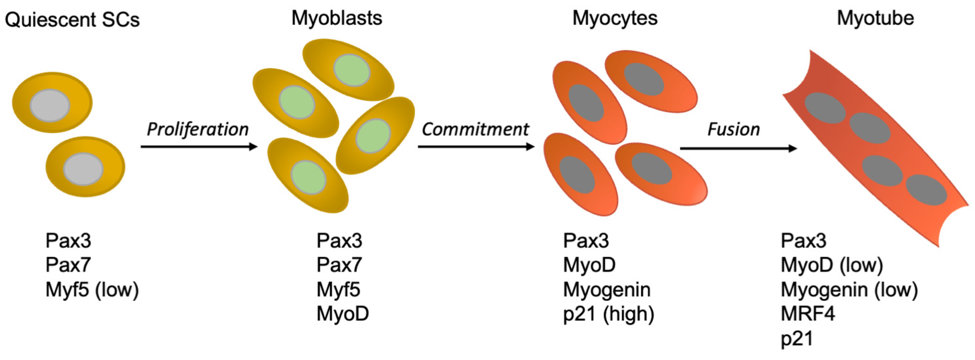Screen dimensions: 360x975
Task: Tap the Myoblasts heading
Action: (x=337, y=18)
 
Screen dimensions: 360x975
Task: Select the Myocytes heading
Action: (x=615, y=18)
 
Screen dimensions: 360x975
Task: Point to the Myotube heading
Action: (x=875, y=18)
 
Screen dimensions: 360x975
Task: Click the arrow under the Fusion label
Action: (x=738, y=148)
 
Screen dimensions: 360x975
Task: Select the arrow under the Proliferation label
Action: (x=199, y=146)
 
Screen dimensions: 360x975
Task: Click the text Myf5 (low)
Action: (x=92, y=290)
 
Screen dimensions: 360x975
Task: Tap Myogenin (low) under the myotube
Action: (x=849, y=290)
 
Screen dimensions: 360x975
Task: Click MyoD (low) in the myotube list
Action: (x=832, y=265)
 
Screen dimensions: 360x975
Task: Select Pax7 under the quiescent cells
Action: (x=68, y=265)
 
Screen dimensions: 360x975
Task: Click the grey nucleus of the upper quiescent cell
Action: (x=50, y=106)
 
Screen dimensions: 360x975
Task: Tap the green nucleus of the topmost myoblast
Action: (x=352, y=70)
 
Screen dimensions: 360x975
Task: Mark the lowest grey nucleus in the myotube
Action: (x=926, y=190)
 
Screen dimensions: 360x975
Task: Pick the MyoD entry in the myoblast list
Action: (x=343, y=314)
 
